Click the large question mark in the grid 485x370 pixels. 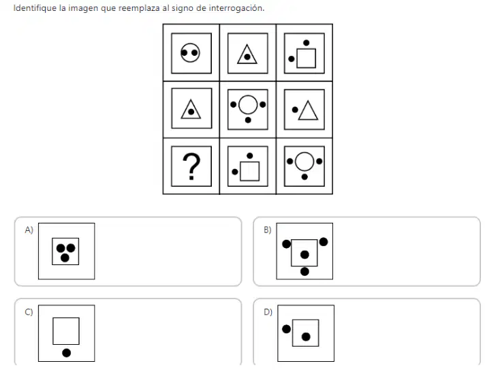pyautogui.click(x=191, y=166)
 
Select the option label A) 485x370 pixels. pyautogui.click(x=29, y=230)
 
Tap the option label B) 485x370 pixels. pyautogui.click(x=268, y=230)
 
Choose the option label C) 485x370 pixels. pyautogui.click(x=29, y=312)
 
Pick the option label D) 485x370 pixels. pyautogui.click(x=268, y=312)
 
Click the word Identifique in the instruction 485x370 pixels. pyautogui.click(x=35, y=8)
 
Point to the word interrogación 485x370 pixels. pyautogui.click(x=236, y=8)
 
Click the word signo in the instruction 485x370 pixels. pyautogui.click(x=183, y=8)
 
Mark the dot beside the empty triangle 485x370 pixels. pyautogui.click(x=295, y=110)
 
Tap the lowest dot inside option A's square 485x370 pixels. pyautogui.click(x=65, y=258)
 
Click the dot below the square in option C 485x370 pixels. pyautogui.click(x=67, y=353)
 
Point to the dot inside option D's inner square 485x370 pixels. pyautogui.click(x=306, y=337)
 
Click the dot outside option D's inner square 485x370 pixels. pyautogui.click(x=286, y=329)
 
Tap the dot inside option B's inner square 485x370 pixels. pyautogui.click(x=304, y=255)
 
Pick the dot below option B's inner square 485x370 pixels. pyautogui.click(x=304, y=271)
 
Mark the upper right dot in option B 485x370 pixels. pyautogui.click(x=324, y=242)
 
